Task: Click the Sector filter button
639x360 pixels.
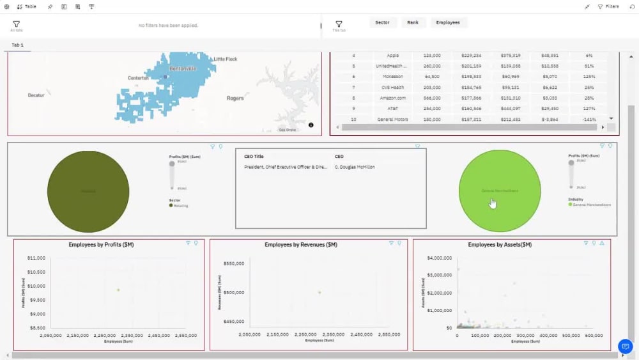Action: (x=382, y=22)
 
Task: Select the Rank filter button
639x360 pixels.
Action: (x=413, y=22)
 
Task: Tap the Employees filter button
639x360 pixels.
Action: (x=448, y=22)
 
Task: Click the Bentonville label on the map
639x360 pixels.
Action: (x=183, y=68)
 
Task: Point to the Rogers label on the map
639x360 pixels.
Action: (x=235, y=98)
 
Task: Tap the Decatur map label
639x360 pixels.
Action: (x=36, y=95)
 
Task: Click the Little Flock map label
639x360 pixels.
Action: (x=225, y=59)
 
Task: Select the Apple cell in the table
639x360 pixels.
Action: (x=392, y=56)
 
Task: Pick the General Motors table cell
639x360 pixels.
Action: (x=392, y=119)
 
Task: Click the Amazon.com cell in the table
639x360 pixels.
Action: (x=392, y=98)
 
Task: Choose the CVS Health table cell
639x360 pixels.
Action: (x=392, y=87)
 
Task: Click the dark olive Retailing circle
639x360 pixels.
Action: (x=88, y=191)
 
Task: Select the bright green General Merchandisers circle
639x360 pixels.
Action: (x=500, y=191)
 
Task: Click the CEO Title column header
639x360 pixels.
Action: (x=254, y=156)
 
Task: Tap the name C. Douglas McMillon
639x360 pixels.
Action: (x=355, y=167)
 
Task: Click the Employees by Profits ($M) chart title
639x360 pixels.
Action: (x=101, y=245)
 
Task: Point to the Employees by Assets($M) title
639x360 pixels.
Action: (x=500, y=245)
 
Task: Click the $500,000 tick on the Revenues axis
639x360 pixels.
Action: (x=233, y=292)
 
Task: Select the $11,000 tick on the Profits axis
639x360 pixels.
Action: (x=36, y=258)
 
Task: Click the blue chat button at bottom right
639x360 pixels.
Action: (x=625, y=346)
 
